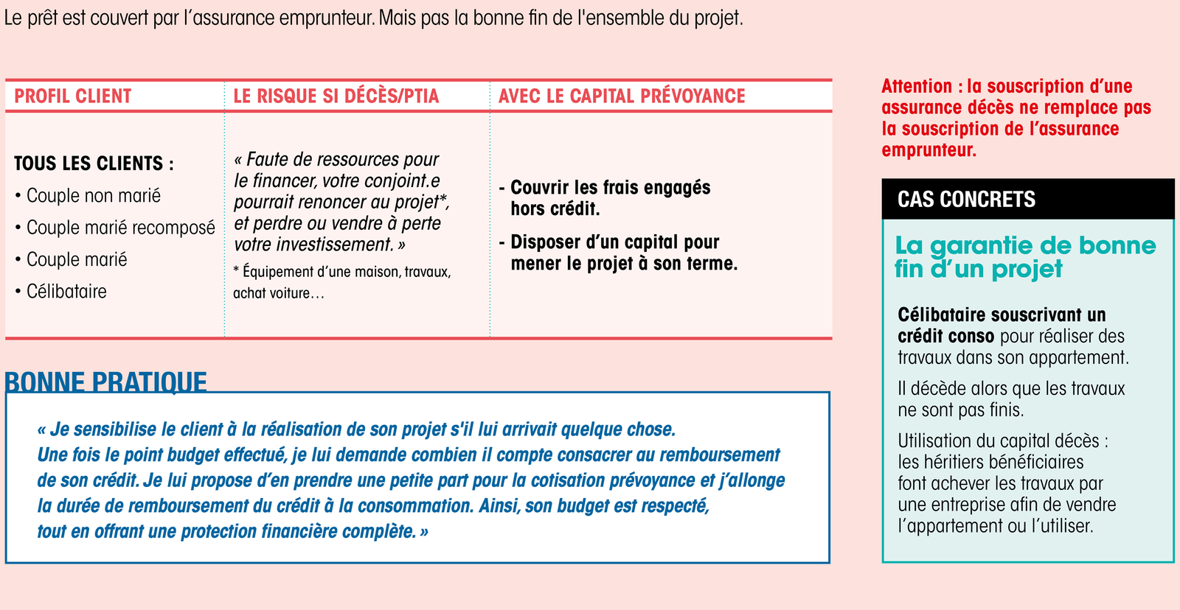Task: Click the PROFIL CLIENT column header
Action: pyautogui.click(x=72, y=97)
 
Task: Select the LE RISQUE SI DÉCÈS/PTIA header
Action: pyautogui.click(x=336, y=97)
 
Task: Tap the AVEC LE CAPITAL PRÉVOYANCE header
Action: pyautogui.click(x=622, y=97)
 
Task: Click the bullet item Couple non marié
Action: pyautogui.click(x=93, y=196)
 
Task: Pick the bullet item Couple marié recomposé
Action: pyautogui.click(x=120, y=228)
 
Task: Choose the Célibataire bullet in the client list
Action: pyautogui.click(x=66, y=292)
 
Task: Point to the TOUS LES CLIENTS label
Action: pyautogui.click(x=94, y=164)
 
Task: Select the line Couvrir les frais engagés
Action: pyautogui.click(x=610, y=188)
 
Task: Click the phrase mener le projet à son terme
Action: pyautogui.click(x=624, y=264)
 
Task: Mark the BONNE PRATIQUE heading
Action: pyautogui.click(x=105, y=382)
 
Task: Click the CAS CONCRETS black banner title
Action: pyautogui.click(x=966, y=200)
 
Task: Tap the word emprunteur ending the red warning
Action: pyautogui.click(x=929, y=150)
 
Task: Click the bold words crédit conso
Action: pyautogui.click(x=945, y=337)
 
